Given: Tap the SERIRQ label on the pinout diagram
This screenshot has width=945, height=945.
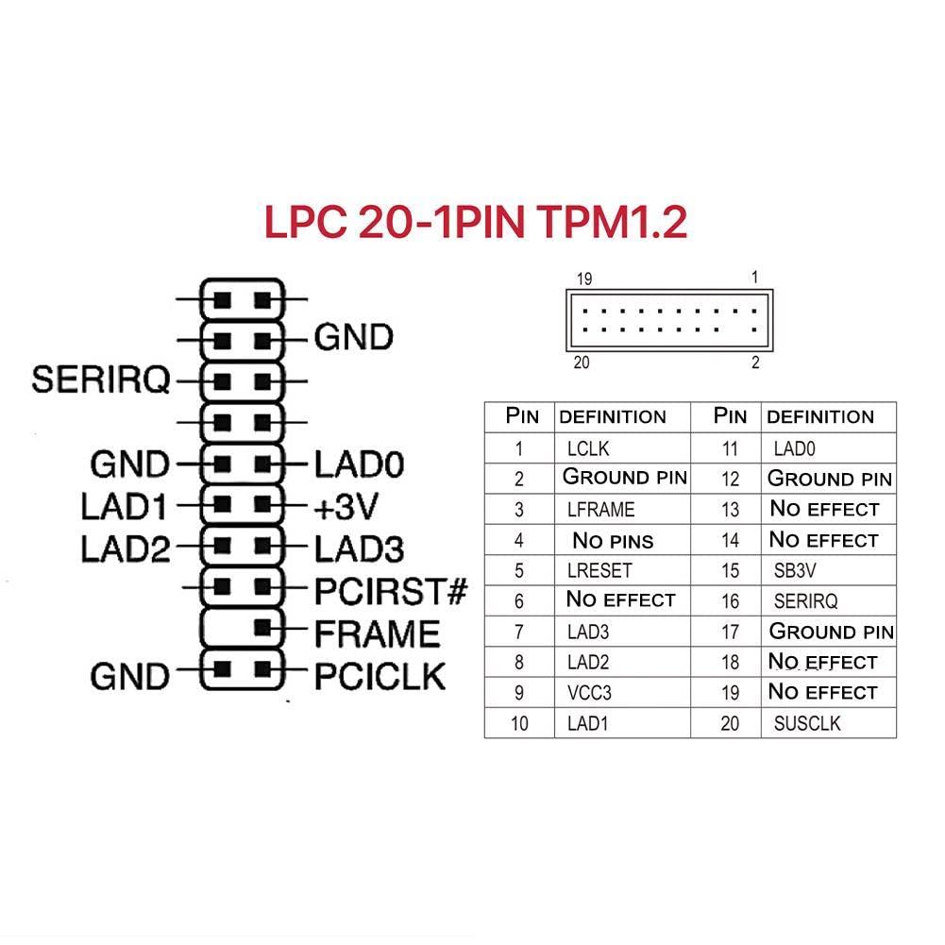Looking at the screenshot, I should pyautogui.click(x=101, y=380).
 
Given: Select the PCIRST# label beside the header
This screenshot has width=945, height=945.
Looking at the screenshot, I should pyautogui.click(x=391, y=592).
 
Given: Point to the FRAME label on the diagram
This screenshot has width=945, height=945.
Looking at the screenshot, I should pyautogui.click(x=377, y=633).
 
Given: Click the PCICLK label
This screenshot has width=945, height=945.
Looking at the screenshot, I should pyautogui.click(x=380, y=675).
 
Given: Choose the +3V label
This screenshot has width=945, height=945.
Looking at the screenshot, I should pyautogui.click(x=346, y=507).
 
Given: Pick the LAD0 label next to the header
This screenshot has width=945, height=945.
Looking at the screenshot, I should pyautogui.click(x=359, y=464).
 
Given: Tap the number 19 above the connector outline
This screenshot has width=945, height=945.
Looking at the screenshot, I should pyautogui.click(x=584, y=278).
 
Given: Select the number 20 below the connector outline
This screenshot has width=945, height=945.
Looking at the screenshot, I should pyautogui.click(x=582, y=363).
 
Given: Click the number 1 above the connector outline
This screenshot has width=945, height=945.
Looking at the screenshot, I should pyautogui.click(x=754, y=278).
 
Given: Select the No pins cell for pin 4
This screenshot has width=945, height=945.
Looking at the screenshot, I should pyautogui.click(x=613, y=540).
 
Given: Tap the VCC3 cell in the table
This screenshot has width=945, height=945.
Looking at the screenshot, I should pyautogui.click(x=589, y=693).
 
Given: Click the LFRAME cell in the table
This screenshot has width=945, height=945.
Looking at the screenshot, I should pyautogui.click(x=600, y=509).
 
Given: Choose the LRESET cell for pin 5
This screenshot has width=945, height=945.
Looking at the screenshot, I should pyautogui.click(x=599, y=570).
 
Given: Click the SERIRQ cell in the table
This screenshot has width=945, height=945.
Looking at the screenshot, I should pyautogui.click(x=805, y=600).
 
